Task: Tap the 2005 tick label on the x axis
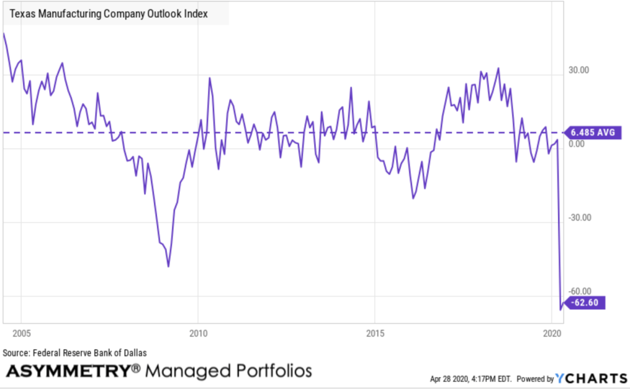click(x=21, y=334)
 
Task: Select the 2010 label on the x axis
click(x=198, y=334)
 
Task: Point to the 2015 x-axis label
click(x=374, y=334)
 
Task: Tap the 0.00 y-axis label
click(x=578, y=144)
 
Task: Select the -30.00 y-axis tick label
click(x=579, y=217)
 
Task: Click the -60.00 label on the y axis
click(x=579, y=291)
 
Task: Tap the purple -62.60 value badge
click(x=586, y=303)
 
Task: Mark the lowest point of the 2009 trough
click(x=168, y=266)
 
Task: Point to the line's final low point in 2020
click(x=560, y=309)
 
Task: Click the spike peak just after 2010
click(x=209, y=78)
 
